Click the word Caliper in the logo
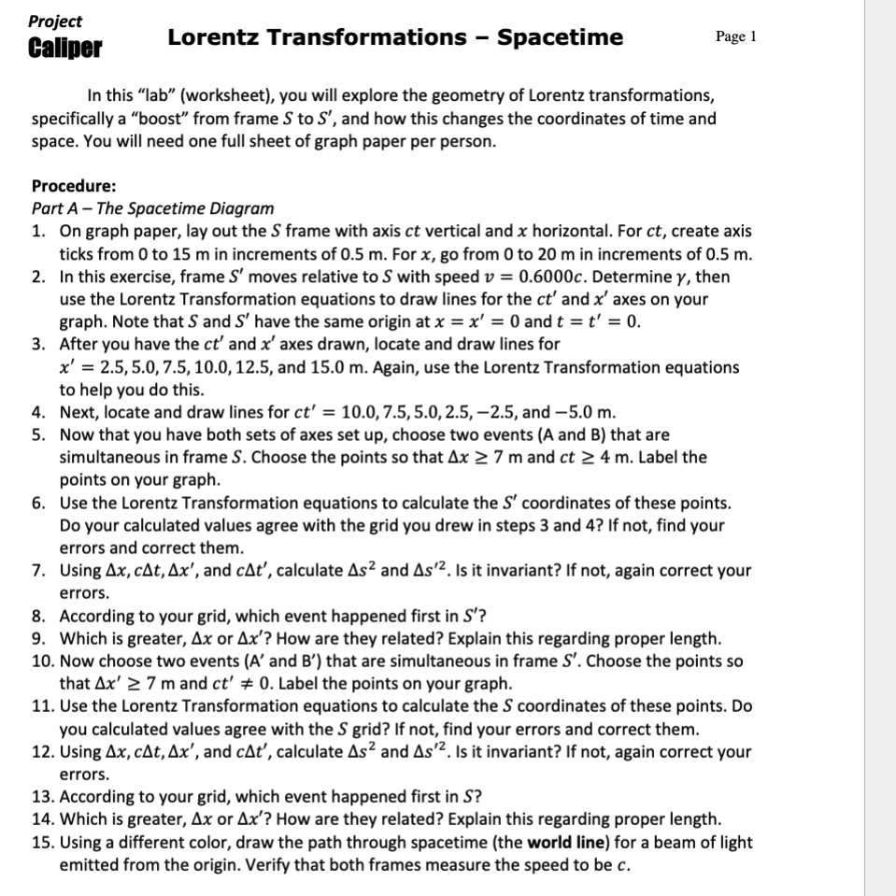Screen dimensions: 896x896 [x=65, y=48]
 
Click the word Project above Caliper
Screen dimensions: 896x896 [x=55, y=21]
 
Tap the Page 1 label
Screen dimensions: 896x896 [x=736, y=36]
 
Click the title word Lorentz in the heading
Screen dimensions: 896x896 [x=216, y=37]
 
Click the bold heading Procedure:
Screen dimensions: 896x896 [x=74, y=185]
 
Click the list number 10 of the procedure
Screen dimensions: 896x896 [x=42, y=661]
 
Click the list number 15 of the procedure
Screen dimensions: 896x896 [x=42, y=842]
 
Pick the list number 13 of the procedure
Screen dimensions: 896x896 [x=42, y=796]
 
